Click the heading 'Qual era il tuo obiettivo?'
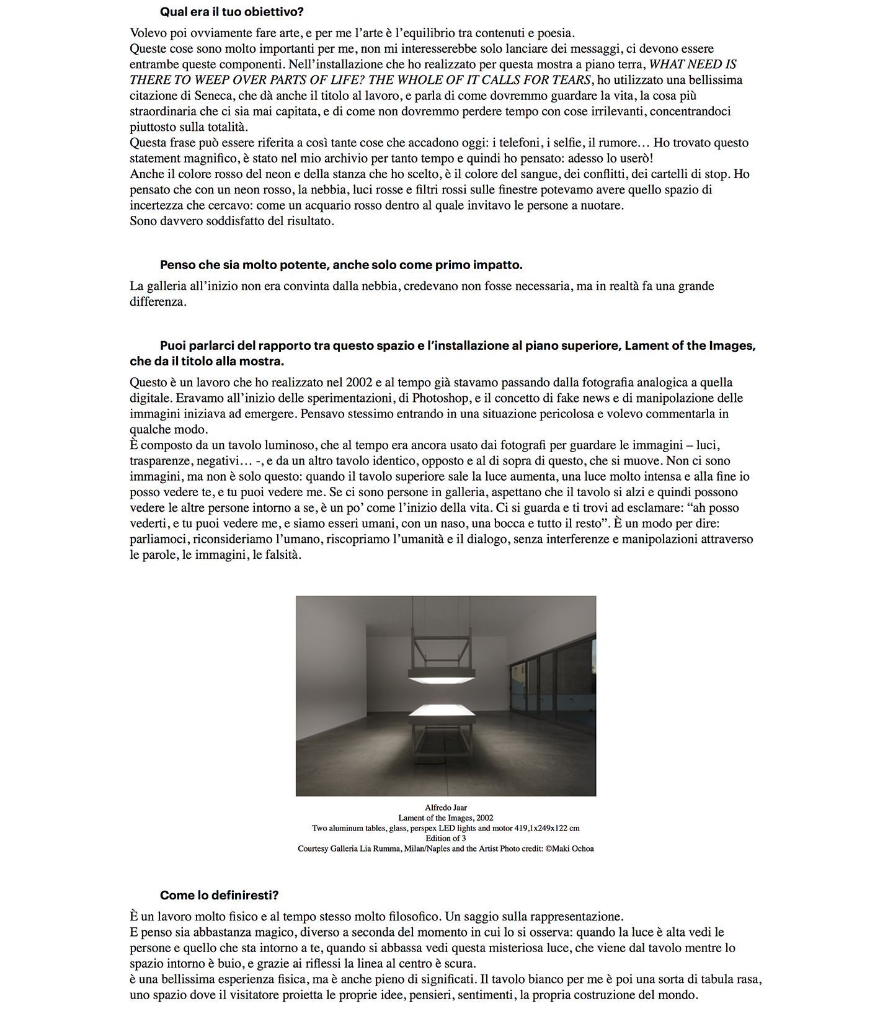click(x=231, y=12)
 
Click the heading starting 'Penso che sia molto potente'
click(x=341, y=265)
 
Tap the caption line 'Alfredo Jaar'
click(x=446, y=808)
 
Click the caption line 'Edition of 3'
click(x=446, y=839)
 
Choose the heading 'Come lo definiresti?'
click(x=220, y=895)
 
